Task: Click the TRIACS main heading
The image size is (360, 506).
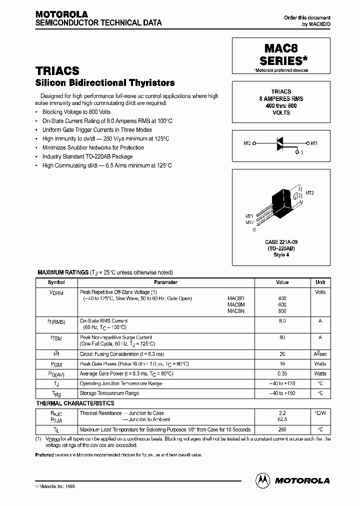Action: tap(57, 71)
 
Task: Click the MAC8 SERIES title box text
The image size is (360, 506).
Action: tap(282, 55)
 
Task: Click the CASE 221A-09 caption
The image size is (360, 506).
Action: tap(281, 242)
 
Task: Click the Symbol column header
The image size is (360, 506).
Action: tap(55, 282)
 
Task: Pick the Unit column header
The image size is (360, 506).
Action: tap(320, 282)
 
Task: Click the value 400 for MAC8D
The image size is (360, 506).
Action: tap(282, 298)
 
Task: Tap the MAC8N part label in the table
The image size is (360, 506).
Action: tap(235, 310)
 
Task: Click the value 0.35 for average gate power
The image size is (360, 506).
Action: tap(282, 374)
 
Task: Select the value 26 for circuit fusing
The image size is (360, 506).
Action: tap(282, 354)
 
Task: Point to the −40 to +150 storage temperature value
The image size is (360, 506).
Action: tap(282, 393)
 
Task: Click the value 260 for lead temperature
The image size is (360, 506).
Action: tap(282, 429)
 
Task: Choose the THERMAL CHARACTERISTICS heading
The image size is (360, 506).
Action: tap(75, 403)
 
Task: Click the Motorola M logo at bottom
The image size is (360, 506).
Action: tap(261, 480)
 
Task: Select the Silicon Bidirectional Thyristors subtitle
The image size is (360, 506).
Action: tap(105, 83)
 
